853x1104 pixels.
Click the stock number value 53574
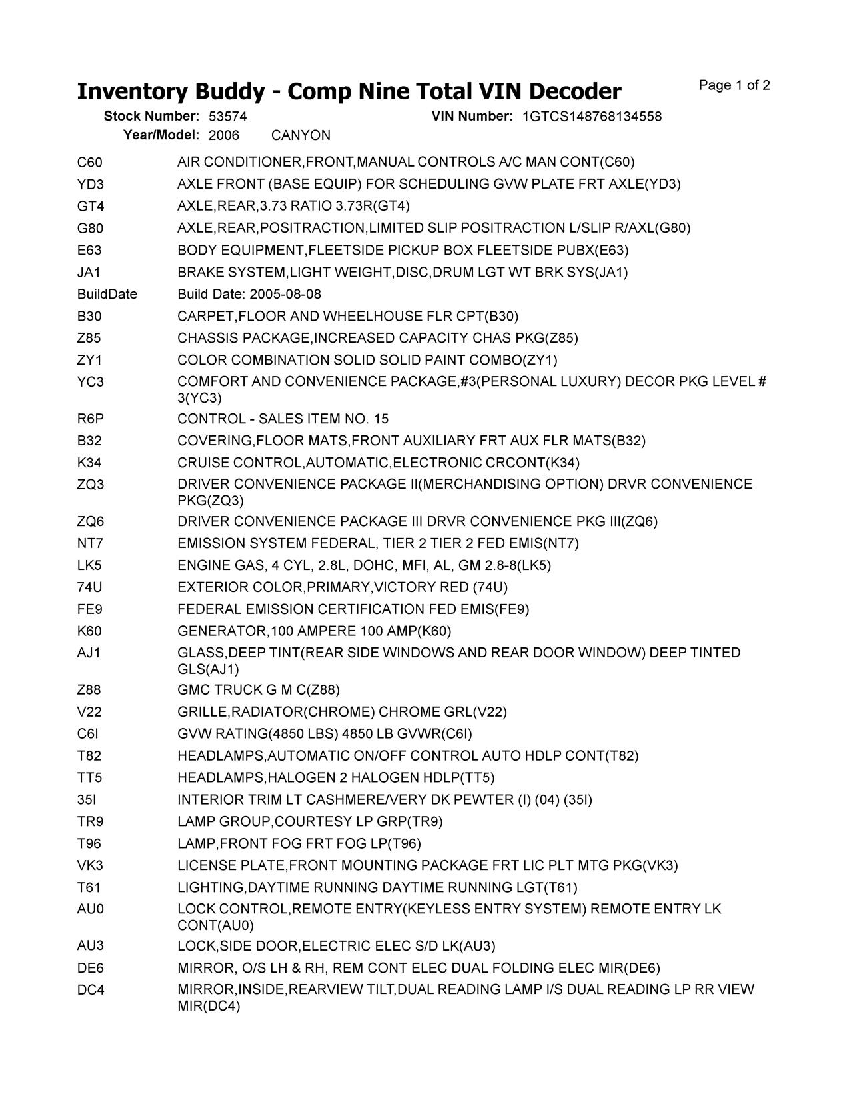click(227, 117)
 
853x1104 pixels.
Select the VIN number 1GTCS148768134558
click(592, 117)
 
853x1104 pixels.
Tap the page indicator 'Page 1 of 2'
click(734, 85)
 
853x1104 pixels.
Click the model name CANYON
click(301, 135)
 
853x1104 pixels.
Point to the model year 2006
click(223, 135)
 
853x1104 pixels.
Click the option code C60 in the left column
click(90, 162)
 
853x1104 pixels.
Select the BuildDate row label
click(107, 294)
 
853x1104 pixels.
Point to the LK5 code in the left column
click(90, 565)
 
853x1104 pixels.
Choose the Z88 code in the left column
click(90, 690)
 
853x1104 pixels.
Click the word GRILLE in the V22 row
click(203, 712)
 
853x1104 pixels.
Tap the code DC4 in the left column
click(91, 990)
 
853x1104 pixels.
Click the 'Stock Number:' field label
click(151, 117)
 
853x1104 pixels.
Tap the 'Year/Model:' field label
click(161, 135)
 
